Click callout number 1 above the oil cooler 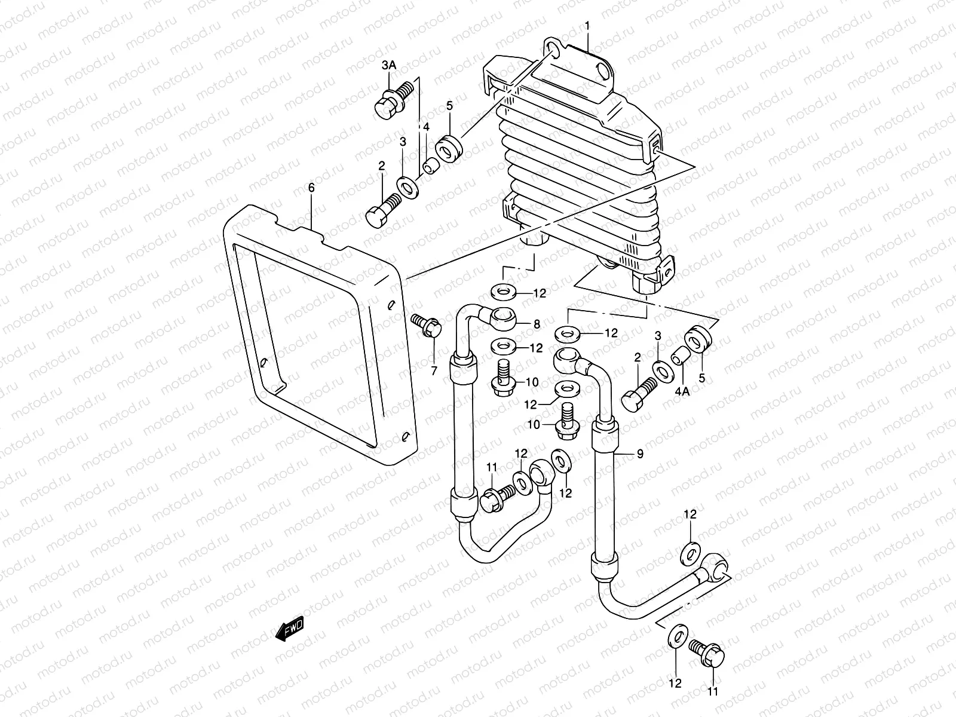587,27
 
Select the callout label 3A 388,65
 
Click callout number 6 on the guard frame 311,188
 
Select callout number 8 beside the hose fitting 537,324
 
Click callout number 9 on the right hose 639,455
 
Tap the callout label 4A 682,392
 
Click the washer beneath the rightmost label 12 691,553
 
